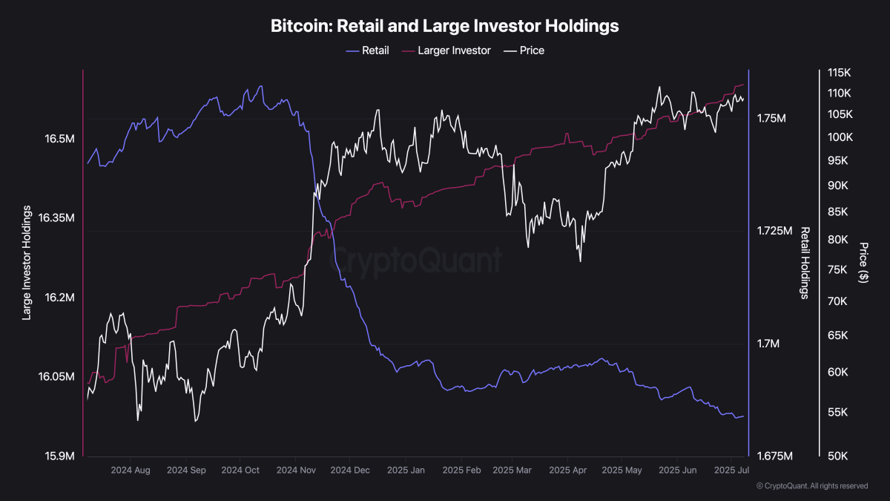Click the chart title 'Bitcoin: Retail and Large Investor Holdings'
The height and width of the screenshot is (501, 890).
coord(444,26)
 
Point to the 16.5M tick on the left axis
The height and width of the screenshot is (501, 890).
coord(59,139)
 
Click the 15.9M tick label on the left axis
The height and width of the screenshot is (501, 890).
coord(59,456)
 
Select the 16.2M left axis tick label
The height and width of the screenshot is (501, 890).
coord(59,298)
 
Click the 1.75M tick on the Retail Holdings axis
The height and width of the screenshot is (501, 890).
coord(771,119)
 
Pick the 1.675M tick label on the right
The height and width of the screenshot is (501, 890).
coord(774,456)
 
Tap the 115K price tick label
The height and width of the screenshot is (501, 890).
coord(838,73)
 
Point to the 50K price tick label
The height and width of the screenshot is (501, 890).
coord(838,456)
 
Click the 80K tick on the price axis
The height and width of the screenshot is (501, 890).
coord(838,240)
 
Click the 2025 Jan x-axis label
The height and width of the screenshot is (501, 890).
coord(406,471)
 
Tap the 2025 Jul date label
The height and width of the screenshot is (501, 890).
coord(732,471)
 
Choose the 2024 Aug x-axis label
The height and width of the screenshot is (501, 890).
coord(131,471)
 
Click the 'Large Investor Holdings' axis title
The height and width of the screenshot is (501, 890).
coord(27,263)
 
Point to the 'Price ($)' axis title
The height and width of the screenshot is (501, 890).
coord(863,262)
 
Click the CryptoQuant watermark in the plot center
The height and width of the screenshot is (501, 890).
coord(415,261)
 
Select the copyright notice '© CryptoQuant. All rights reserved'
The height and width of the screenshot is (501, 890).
coord(811,486)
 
